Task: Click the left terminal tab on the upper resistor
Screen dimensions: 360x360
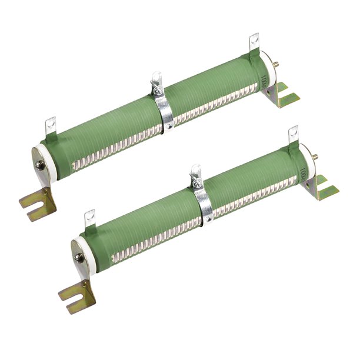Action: tap(50, 126)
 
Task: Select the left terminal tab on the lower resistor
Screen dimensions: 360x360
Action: tap(89, 219)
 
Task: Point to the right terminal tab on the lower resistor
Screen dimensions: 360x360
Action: tap(292, 135)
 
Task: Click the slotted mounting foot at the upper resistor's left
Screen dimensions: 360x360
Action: tap(36, 204)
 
